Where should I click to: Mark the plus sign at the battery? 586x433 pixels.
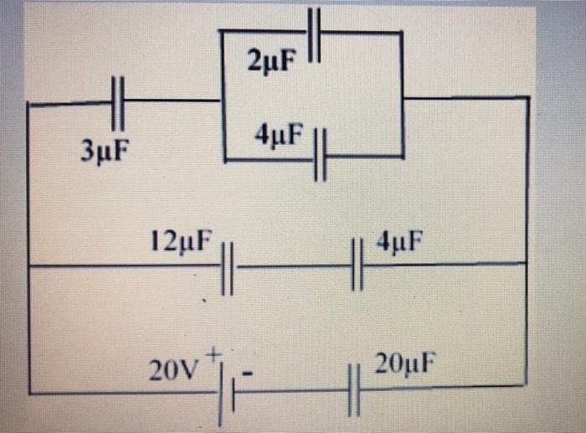tap(213, 354)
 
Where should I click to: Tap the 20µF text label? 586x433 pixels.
tap(405, 365)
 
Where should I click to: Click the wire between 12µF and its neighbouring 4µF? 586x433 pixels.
tap(293, 266)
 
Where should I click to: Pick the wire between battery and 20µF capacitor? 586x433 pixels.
tap(293, 390)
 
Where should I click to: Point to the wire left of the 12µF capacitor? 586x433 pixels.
tap(126, 266)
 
